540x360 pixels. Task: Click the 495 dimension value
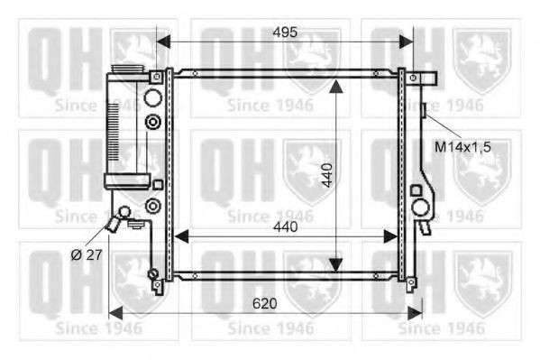point(284,32)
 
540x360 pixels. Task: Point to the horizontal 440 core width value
point(285,228)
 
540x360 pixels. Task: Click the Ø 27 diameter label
point(86,255)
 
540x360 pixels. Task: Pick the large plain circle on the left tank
point(152,97)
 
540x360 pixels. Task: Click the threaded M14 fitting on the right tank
point(423,111)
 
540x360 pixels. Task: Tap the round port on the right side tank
point(420,207)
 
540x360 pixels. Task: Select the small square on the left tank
point(157,184)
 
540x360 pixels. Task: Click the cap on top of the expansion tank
point(124,61)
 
